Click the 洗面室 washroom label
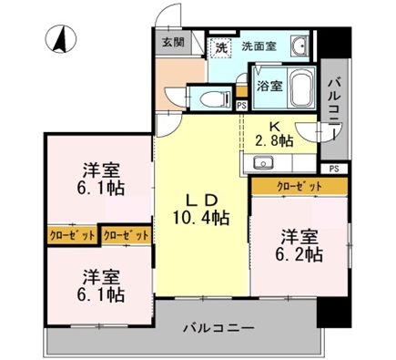tap(259, 46)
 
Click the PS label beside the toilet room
tap(241, 106)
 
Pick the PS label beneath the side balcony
tap(334, 169)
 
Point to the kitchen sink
tap(264, 163)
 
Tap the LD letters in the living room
tap(202, 199)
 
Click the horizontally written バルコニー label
tap(218, 326)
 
